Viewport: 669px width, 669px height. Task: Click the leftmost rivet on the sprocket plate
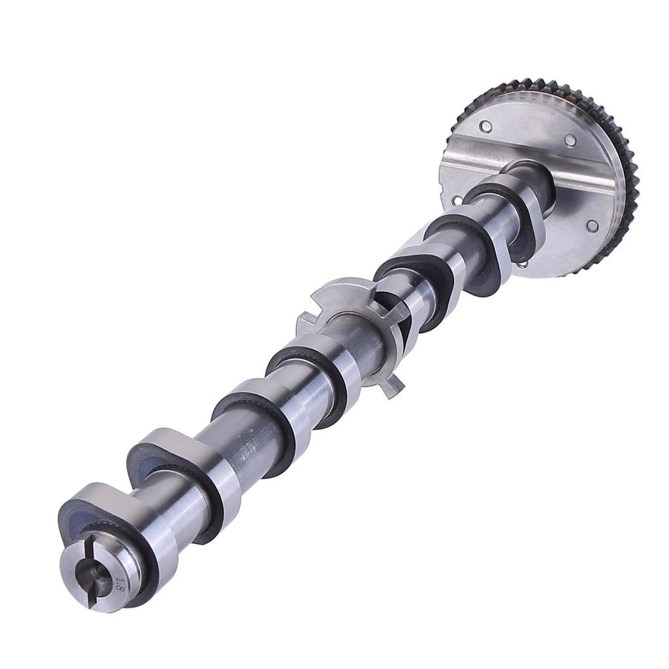coord(485,126)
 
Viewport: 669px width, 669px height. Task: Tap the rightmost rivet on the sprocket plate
coord(592,225)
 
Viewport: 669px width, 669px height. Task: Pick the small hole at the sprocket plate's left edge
coord(457,200)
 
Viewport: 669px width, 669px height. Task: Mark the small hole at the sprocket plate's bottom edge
coord(522,264)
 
